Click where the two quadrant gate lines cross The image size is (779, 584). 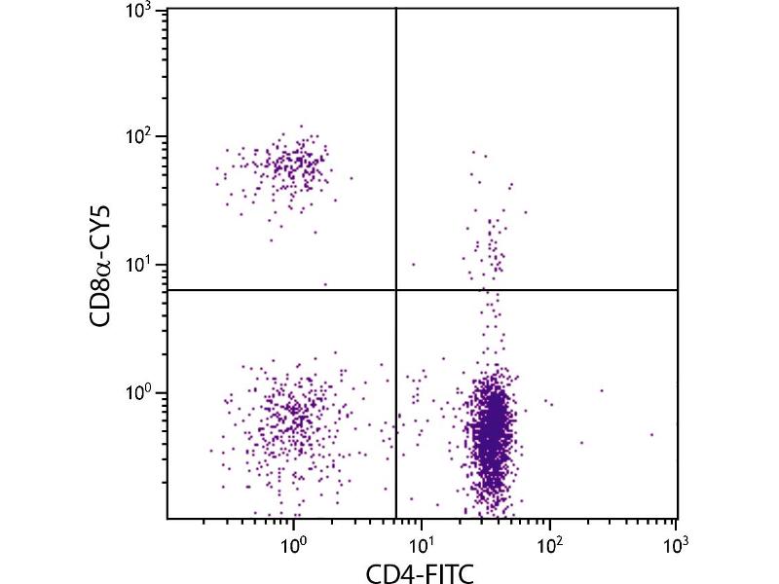click(x=396, y=290)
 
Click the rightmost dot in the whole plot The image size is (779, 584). click(x=650, y=434)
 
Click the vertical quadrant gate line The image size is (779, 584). click(x=396, y=146)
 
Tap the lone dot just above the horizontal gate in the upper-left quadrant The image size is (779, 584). click(x=325, y=284)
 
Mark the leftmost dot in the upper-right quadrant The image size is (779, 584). click(x=413, y=264)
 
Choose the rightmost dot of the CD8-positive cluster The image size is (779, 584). click(x=351, y=178)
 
